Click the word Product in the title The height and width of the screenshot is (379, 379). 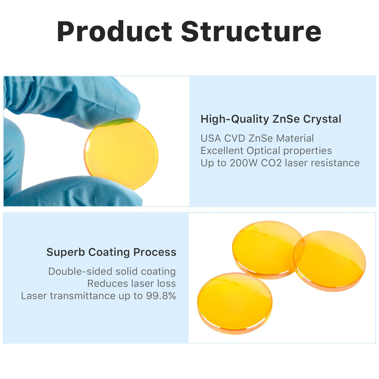click(115, 31)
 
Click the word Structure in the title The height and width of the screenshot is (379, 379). click(251, 31)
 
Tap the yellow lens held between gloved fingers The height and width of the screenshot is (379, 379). click(121, 154)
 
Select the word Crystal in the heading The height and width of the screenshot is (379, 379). click(322, 120)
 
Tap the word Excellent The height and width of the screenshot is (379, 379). click(222, 151)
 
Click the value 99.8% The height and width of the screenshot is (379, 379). click(161, 296)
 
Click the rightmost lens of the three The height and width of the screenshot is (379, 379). click(329, 261)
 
